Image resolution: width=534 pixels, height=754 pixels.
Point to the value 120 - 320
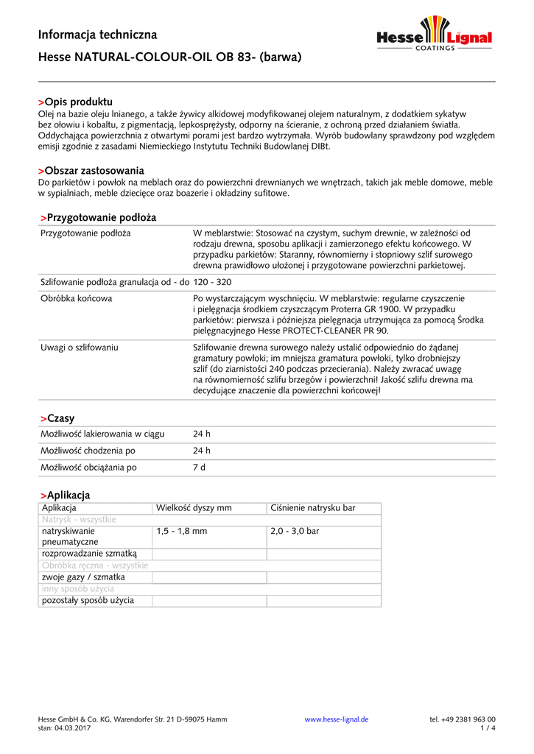point(212,281)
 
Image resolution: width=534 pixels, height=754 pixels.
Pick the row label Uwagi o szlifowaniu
point(80,347)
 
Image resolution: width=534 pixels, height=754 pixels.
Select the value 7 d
point(200,467)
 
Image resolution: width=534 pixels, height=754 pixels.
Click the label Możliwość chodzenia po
point(88,451)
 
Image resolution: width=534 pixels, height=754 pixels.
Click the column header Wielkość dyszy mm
point(194,508)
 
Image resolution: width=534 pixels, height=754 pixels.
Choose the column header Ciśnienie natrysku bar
point(313,508)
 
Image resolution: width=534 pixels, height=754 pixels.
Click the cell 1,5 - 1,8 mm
point(181,531)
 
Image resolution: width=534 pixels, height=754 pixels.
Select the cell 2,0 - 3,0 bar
point(295,531)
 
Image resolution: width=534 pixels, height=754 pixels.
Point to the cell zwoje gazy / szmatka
point(83,577)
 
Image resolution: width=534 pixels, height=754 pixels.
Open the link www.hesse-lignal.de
point(337,719)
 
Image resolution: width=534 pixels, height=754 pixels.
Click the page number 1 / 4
point(488,728)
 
